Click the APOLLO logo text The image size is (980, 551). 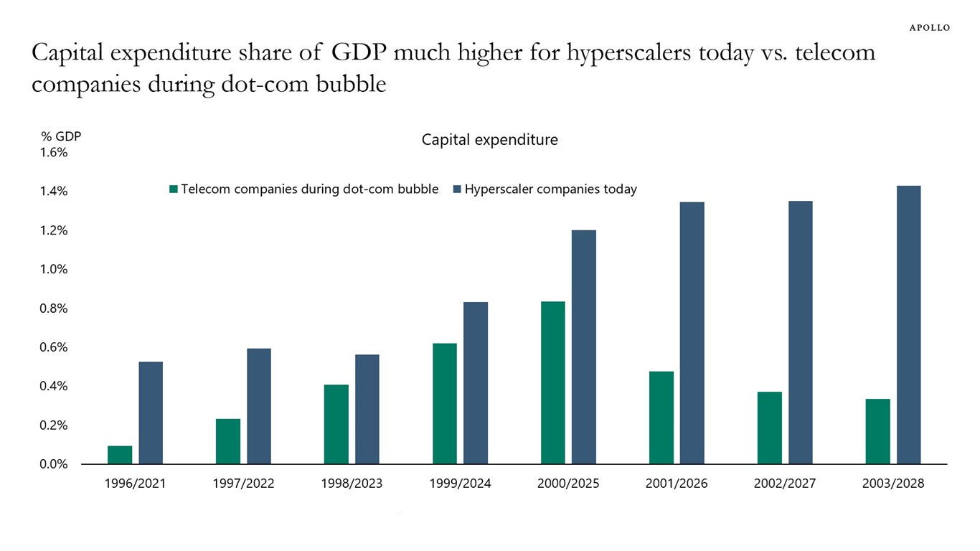[x=929, y=28]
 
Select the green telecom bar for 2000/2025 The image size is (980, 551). [x=552, y=382]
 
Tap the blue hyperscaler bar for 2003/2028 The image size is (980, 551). [x=909, y=325]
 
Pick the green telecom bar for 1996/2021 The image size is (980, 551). [x=120, y=455]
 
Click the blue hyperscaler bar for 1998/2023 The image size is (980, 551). [x=367, y=409]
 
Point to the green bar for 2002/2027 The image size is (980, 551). [x=770, y=428]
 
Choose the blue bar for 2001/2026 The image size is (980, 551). [x=692, y=333]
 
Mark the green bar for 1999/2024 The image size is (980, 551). [x=445, y=403]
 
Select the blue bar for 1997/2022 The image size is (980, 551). [x=259, y=406]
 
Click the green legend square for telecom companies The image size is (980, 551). [x=174, y=189]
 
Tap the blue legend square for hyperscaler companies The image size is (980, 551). [x=457, y=189]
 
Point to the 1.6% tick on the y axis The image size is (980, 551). [x=54, y=152]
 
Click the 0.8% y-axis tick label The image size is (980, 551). [x=54, y=309]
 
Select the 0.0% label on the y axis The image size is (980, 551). [x=54, y=464]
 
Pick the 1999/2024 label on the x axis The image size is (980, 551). [x=461, y=484]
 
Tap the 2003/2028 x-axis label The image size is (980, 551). [x=893, y=484]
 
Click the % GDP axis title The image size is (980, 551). [x=61, y=136]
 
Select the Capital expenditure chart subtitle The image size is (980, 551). [x=490, y=140]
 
